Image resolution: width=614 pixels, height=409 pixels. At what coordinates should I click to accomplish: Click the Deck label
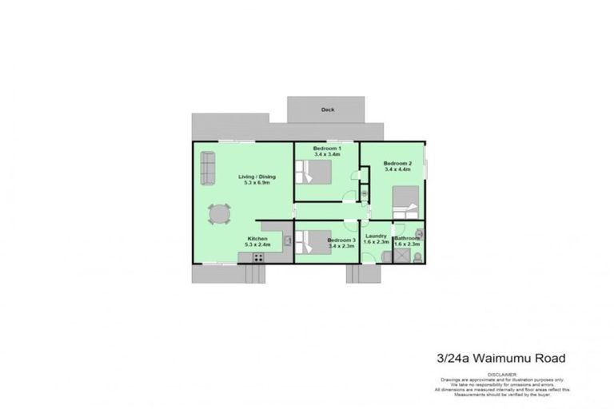(327, 110)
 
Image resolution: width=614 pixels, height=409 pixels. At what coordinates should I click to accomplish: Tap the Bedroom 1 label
(327, 149)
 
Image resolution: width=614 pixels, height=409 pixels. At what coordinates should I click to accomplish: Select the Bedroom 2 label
(397, 164)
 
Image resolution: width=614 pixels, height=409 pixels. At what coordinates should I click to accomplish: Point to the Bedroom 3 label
(341, 240)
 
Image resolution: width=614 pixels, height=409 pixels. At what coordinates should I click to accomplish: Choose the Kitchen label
(257, 239)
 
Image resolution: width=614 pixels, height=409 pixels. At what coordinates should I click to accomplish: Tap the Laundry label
(376, 236)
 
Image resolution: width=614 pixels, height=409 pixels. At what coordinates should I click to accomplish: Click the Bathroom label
(406, 238)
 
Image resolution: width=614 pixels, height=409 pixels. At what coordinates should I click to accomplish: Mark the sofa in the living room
(208, 167)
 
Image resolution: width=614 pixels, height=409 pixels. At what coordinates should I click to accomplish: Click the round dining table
(219, 214)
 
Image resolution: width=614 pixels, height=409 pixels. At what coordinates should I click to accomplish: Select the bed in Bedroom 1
(315, 171)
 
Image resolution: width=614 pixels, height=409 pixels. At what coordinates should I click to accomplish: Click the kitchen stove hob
(257, 256)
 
